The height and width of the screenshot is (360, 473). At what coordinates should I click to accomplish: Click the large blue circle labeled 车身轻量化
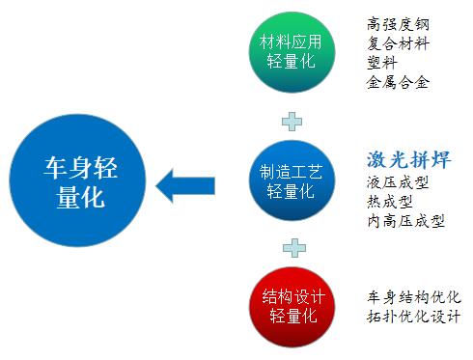coord(75,180)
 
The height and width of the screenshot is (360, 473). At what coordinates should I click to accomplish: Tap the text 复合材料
coord(399,43)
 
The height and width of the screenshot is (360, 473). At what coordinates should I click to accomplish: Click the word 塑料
coord(382,63)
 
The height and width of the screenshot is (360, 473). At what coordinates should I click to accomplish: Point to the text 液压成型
coord(399,183)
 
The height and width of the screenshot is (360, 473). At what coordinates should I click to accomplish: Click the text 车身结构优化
coord(414,296)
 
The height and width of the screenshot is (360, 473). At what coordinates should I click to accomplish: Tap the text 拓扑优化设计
coord(414,316)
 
